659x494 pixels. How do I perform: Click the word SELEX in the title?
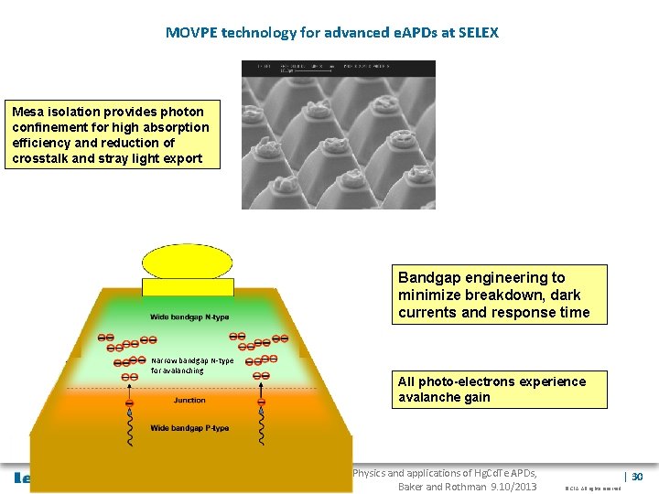[477, 33]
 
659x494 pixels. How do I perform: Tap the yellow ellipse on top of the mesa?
[189, 261]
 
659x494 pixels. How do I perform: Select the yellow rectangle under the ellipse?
[189, 286]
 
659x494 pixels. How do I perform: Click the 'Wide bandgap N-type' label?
[189, 317]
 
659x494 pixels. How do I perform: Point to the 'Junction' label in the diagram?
[189, 401]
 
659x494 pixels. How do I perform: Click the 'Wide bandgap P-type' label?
[189, 428]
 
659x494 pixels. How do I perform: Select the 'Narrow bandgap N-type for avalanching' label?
[192, 365]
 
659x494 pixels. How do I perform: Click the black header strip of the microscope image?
[338, 68]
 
